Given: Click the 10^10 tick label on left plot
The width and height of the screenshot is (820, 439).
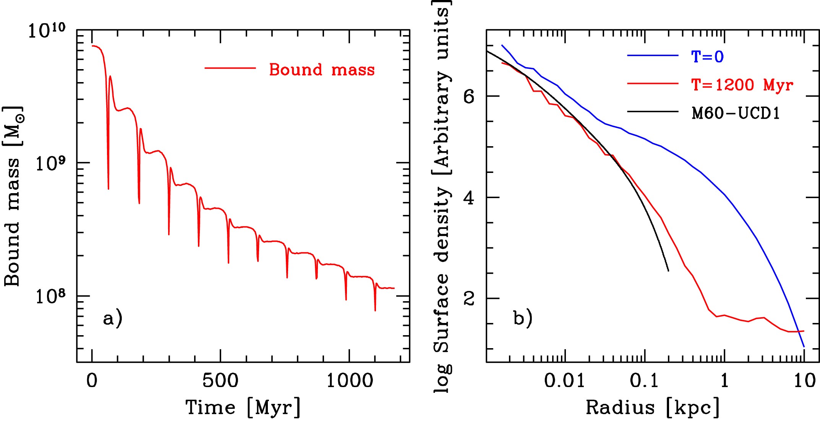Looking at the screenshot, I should tap(47, 31).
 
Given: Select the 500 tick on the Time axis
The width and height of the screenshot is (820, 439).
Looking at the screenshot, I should tap(220, 381).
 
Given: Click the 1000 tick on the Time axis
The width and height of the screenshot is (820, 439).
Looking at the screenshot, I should tap(349, 381).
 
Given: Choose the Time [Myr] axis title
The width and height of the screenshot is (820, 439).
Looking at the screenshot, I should tap(243, 407).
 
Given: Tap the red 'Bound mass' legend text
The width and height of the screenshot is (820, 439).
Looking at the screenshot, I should tap(322, 70).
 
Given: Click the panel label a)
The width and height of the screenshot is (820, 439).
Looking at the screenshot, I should tap(112, 318).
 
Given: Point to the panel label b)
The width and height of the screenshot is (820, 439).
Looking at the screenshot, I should tap(522, 318).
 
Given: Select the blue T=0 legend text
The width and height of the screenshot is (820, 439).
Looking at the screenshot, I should tap(708, 57).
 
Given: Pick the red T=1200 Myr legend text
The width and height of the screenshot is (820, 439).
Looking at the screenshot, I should tap(742, 85).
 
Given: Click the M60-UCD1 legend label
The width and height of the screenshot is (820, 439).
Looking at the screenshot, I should tap(736, 113).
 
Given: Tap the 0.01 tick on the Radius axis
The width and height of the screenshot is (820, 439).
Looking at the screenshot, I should tap(564, 381).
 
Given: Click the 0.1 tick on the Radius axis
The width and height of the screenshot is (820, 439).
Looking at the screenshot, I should tap(644, 381).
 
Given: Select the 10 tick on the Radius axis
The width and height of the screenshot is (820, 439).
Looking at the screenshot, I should tap(804, 381).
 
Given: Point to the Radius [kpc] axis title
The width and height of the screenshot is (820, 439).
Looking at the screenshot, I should tap(653, 407).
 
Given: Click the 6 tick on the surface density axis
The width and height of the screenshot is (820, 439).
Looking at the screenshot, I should tap(468, 96).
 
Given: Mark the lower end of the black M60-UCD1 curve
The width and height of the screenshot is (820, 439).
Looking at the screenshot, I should tap(668, 271).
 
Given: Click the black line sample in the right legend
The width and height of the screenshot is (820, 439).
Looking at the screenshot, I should tap(653, 111).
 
